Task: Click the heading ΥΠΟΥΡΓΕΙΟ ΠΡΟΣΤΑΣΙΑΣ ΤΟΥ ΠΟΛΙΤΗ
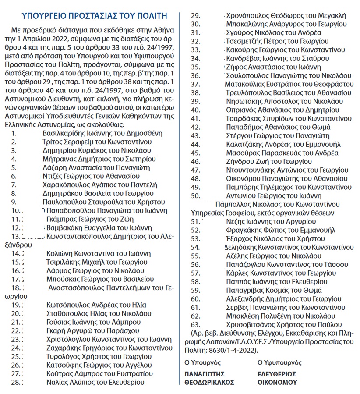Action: (x=94, y=16)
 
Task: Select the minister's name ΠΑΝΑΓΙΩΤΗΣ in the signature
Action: (x=205, y=374)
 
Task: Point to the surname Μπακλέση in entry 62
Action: (x=242, y=316)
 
